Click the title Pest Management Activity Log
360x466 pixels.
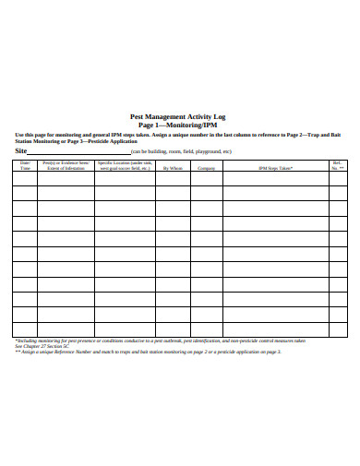(180, 117)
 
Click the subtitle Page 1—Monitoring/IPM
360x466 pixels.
(180, 125)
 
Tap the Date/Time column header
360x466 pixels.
(25, 166)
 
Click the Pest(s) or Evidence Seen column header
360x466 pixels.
(65, 166)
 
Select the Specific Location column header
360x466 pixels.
(124, 166)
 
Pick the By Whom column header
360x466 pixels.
(174, 169)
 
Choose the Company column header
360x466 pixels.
(207, 169)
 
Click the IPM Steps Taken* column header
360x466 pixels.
(275, 169)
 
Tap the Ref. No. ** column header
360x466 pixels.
(337, 166)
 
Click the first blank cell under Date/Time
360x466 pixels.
(25, 181)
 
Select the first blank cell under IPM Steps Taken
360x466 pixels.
(275, 181)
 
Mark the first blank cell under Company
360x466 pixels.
(207, 181)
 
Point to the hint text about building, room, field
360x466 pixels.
(181, 152)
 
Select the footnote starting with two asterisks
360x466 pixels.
(148, 352)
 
